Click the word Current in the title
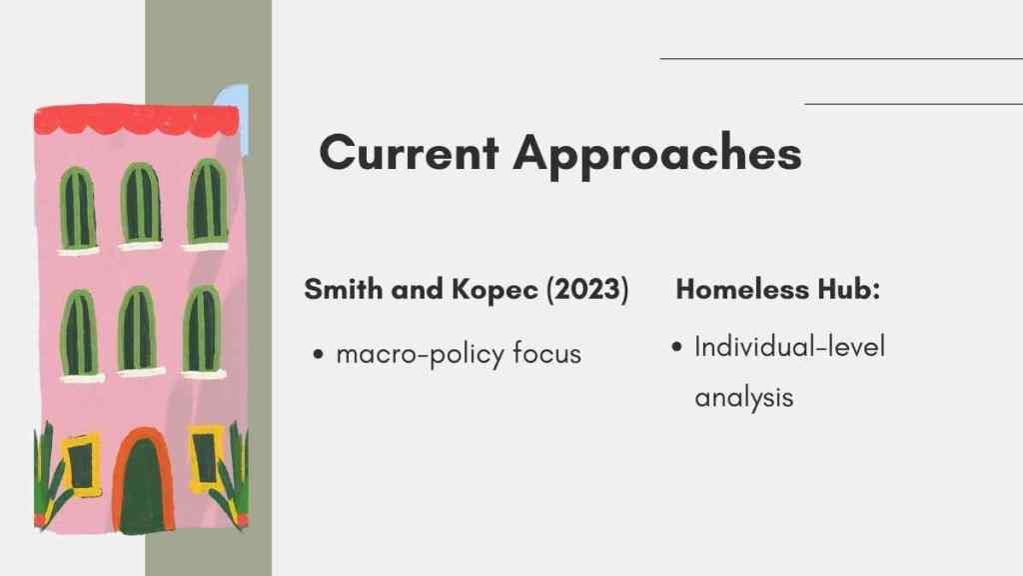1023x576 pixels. (410, 153)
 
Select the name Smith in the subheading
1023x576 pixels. (344, 289)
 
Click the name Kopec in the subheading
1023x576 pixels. (496, 290)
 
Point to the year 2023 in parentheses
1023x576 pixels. (587, 289)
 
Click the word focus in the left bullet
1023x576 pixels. (546, 353)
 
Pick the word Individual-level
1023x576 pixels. (789, 347)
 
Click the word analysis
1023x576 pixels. (743, 397)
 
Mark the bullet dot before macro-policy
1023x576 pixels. (318, 355)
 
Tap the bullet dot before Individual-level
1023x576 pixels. (676, 347)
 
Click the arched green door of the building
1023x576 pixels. (143, 482)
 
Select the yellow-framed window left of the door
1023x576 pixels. (81, 465)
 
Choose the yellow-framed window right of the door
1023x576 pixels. (206, 458)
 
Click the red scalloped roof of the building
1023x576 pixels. (136, 120)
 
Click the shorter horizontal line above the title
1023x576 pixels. (913, 104)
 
